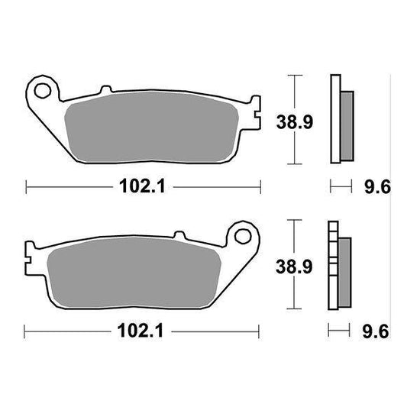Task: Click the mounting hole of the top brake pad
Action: (43, 91)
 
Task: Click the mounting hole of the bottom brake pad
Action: (243, 236)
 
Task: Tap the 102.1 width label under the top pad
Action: (143, 186)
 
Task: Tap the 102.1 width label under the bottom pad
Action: (141, 331)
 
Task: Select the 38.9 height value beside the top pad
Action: (295, 122)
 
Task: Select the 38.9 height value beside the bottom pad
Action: (294, 267)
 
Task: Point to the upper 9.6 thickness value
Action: (377, 186)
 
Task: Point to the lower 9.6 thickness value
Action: (376, 331)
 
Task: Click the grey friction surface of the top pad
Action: (152, 127)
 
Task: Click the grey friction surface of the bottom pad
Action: (134, 273)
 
